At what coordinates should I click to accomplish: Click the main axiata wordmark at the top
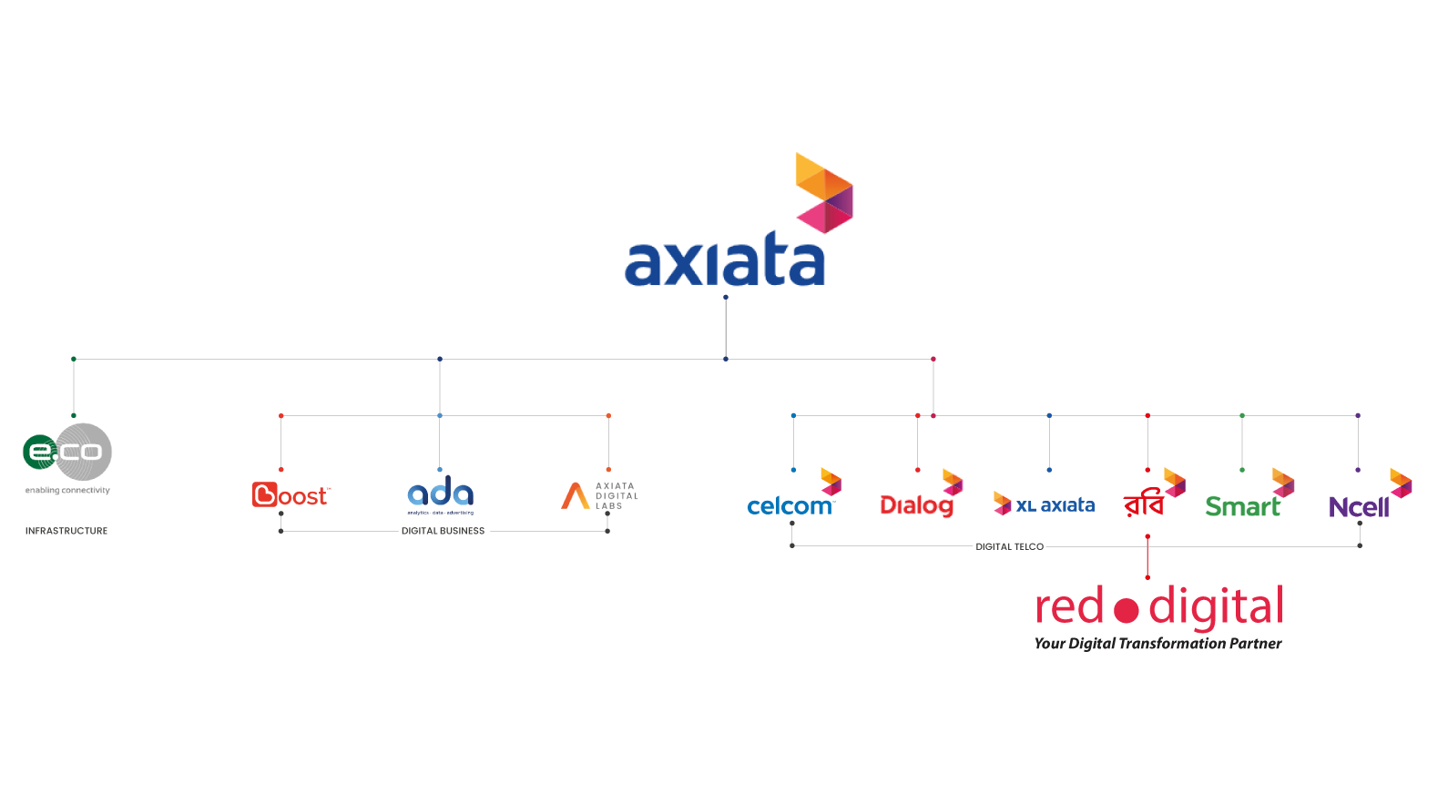[724, 263]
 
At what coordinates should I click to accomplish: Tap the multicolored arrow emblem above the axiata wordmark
[823, 192]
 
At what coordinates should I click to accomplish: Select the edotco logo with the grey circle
[68, 452]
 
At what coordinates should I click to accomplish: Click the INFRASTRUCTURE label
[66, 531]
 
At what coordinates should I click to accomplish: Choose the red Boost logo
[291, 494]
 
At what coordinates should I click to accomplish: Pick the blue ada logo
[440, 494]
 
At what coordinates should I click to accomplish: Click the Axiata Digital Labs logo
[598, 495]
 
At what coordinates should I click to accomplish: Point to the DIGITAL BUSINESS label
[443, 531]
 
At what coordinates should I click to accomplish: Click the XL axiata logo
[1045, 504]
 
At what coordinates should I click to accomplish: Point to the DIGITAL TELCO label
[1009, 546]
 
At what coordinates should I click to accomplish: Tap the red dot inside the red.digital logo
[1127, 611]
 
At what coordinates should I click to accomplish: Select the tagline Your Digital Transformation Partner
[1157, 644]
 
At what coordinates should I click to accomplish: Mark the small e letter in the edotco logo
[39, 451]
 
